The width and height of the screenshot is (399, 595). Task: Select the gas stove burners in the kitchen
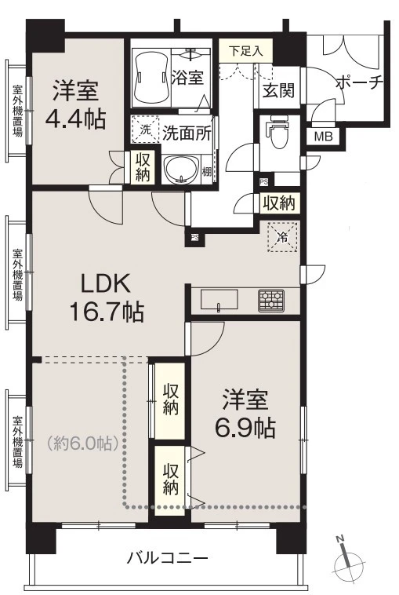click(271, 301)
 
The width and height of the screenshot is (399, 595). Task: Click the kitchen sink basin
click(219, 300)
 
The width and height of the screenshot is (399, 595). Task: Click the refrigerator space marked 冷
click(283, 238)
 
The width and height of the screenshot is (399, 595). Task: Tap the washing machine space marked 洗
click(146, 130)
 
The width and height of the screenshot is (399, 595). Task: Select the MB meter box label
click(324, 136)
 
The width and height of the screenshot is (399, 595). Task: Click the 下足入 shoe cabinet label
click(246, 51)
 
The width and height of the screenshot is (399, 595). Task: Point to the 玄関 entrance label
click(279, 90)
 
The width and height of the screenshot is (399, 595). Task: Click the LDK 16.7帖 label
click(107, 298)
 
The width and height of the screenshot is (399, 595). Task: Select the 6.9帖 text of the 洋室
click(245, 429)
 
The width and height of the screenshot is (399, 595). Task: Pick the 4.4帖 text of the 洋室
click(75, 119)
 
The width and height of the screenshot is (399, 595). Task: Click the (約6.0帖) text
click(83, 443)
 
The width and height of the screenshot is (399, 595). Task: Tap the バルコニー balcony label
click(168, 558)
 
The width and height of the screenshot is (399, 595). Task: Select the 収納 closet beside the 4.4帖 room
click(143, 168)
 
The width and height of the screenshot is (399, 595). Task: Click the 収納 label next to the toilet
click(279, 203)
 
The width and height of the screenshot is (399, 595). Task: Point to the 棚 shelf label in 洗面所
click(207, 172)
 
